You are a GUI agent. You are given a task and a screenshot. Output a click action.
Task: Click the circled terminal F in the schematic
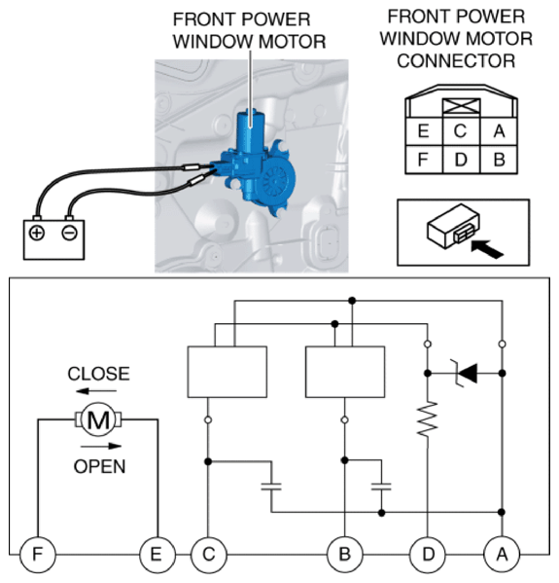click(x=38, y=555)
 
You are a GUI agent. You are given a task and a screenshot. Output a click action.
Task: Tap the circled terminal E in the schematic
click(x=157, y=555)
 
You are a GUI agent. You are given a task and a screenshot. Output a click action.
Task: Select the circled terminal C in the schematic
click(x=209, y=555)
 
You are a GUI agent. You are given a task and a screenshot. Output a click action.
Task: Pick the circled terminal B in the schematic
click(x=345, y=555)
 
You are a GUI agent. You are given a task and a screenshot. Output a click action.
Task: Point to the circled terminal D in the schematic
click(x=428, y=555)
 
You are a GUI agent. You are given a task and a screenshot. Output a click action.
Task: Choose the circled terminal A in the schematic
click(x=502, y=555)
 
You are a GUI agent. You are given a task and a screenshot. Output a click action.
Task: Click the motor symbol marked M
click(x=98, y=419)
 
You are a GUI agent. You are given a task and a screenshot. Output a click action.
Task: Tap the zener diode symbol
click(x=465, y=373)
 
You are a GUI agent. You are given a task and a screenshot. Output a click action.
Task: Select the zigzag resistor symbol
click(x=428, y=419)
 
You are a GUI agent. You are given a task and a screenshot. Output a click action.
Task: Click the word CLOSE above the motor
click(x=99, y=374)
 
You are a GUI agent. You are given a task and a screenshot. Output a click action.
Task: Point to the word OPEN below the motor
click(x=99, y=466)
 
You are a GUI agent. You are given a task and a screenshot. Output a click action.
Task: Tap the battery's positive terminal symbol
click(x=37, y=234)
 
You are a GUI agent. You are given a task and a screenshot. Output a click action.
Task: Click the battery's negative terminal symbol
click(x=69, y=234)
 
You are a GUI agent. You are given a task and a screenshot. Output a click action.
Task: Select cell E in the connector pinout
click(x=424, y=131)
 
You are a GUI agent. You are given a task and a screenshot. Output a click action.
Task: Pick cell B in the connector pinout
click(x=499, y=160)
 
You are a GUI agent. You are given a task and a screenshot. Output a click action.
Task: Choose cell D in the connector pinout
click(x=462, y=160)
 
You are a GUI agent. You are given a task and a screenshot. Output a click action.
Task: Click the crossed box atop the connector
click(x=462, y=106)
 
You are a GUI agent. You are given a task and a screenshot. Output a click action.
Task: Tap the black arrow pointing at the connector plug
click(x=487, y=249)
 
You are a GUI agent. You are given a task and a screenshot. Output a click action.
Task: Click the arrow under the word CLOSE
click(x=96, y=390)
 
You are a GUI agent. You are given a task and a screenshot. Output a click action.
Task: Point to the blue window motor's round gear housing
click(x=276, y=181)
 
